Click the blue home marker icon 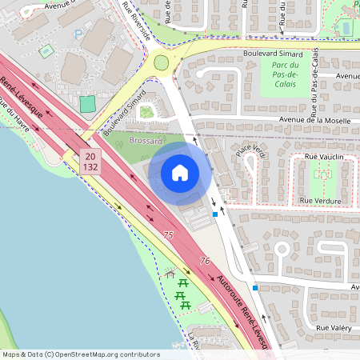pyautogui.click(x=180, y=172)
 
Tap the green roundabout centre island pyautogui.click(x=162, y=62)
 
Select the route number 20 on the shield pyautogui.click(x=89, y=156)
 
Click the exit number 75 pyautogui.click(x=168, y=235)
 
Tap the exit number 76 pyautogui.click(x=205, y=261)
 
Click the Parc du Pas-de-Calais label pyautogui.click(x=286, y=76)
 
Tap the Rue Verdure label pyautogui.click(x=320, y=200)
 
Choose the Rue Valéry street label pyautogui.click(x=334, y=328)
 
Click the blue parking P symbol pyautogui.click(x=78, y=34)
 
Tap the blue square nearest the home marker pyautogui.click(x=215, y=214)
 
